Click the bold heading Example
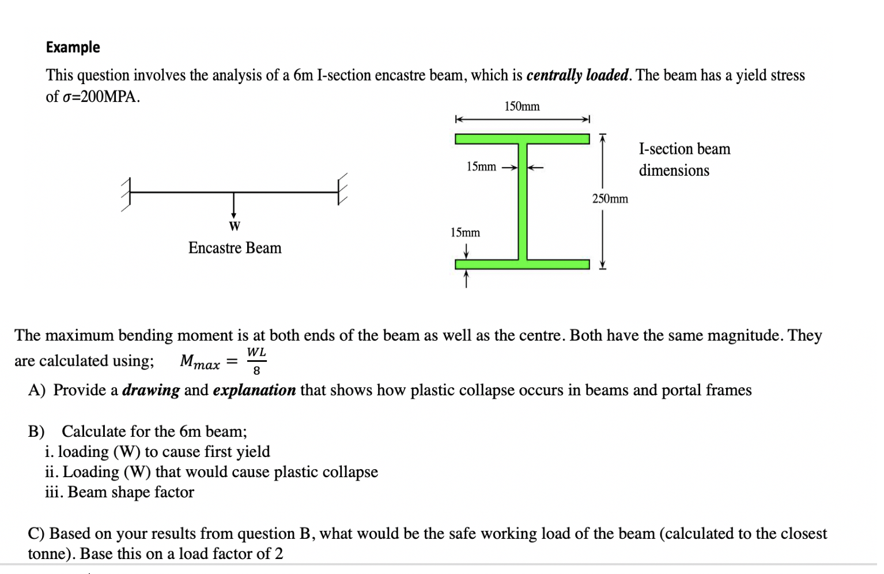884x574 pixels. pos(73,47)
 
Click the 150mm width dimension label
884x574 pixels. pos(522,107)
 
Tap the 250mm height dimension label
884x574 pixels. pos(610,199)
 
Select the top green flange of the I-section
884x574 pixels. pos(522,139)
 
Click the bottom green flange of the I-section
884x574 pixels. pos(522,265)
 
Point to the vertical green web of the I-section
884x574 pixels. pos(523,202)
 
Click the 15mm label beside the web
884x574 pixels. pos(481,167)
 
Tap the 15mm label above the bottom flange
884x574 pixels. pos(465,233)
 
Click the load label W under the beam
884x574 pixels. pos(234,226)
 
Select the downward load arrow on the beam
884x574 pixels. pos(233,205)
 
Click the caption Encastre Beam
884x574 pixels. pos(235,248)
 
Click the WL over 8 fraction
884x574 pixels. pos(256,361)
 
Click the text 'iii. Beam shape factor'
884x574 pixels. pos(119,492)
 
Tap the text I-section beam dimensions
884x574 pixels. pos(683,160)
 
